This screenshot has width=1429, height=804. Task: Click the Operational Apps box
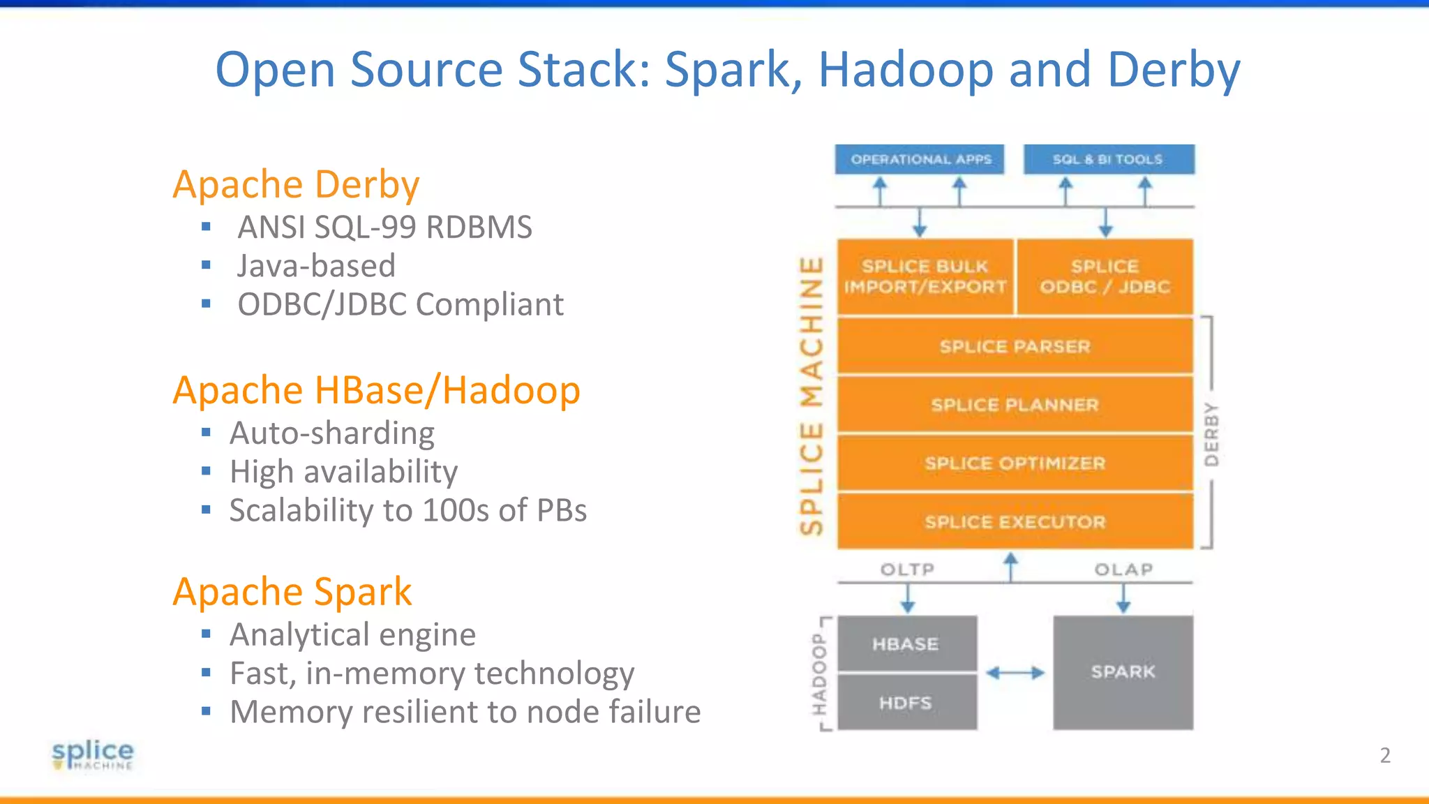920,159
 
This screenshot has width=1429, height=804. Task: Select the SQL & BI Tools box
1108,159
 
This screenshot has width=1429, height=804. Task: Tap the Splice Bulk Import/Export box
925,276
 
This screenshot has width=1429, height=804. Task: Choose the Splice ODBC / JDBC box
1105,276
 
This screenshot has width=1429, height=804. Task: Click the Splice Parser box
1015,346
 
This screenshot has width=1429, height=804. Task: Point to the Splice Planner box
1015,405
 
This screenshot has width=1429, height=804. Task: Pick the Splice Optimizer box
1015,463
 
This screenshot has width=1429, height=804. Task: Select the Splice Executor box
1015,522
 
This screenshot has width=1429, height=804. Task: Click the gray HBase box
906,643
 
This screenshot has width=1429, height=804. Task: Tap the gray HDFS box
906,703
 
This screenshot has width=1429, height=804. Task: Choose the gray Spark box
1123,672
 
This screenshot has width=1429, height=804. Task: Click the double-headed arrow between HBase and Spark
1015,673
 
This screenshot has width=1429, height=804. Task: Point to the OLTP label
907,569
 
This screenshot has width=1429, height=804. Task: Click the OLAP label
1123,569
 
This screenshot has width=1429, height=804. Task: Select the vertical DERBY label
1212,434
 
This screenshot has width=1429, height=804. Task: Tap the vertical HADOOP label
818,674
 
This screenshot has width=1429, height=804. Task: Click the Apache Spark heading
292,592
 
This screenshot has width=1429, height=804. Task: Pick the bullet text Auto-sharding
332,433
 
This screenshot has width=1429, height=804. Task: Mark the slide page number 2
1385,755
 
